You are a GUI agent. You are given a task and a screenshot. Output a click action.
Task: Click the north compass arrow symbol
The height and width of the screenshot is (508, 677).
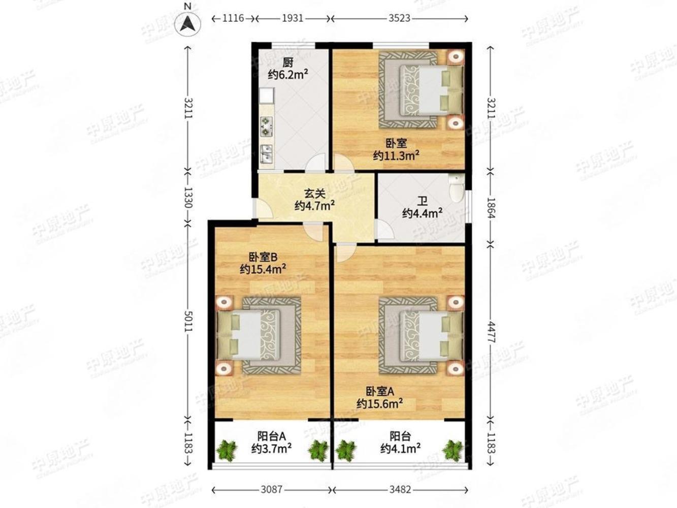pyautogui.click(x=187, y=24)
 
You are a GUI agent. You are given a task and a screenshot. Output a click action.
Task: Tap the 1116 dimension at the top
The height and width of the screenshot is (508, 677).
pyautogui.click(x=233, y=18)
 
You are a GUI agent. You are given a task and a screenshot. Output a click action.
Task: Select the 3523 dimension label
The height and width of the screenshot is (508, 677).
pyautogui.click(x=399, y=18)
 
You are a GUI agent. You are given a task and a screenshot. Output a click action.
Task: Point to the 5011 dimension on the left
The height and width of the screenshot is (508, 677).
pyautogui.click(x=188, y=321)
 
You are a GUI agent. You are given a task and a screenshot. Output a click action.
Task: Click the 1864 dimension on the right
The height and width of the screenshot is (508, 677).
pyautogui.click(x=491, y=208)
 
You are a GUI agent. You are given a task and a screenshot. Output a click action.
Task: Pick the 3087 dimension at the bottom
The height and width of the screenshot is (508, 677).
pyautogui.click(x=271, y=490)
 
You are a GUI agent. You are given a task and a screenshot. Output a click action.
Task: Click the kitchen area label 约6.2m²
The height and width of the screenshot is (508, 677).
pyautogui.click(x=288, y=75)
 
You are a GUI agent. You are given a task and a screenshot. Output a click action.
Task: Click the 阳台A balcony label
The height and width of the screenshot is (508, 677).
pyautogui.click(x=271, y=436)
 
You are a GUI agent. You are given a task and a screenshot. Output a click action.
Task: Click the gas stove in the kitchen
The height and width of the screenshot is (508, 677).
pyautogui.click(x=266, y=126)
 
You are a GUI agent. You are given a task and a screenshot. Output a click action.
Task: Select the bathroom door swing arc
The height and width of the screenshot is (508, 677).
pyautogui.click(x=385, y=229)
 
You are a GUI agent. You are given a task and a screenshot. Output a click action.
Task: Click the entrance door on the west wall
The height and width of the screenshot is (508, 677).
pyautogui.click(x=263, y=209)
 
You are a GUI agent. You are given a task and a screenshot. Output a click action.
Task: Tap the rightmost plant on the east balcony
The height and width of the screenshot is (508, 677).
pyautogui.click(x=453, y=451)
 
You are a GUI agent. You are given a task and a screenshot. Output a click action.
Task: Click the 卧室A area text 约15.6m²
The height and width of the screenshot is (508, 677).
pyautogui.click(x=380, y=404)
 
